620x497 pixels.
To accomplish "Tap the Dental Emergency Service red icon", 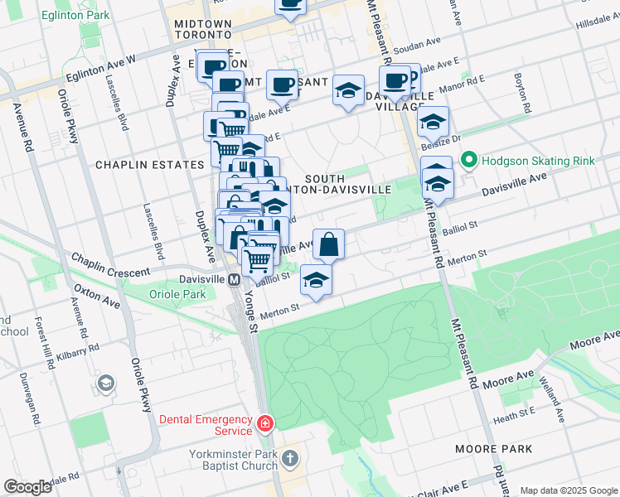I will coord(264,425).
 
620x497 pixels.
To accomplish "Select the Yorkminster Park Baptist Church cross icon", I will coord(289,458).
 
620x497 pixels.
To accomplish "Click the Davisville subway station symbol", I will coord(235,279).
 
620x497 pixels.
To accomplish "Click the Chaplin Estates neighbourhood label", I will coord(149,165).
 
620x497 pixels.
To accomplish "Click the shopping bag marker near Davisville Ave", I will coord(329,244).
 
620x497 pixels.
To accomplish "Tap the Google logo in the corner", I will coord(28,487).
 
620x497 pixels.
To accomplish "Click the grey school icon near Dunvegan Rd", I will coord(106,383).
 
